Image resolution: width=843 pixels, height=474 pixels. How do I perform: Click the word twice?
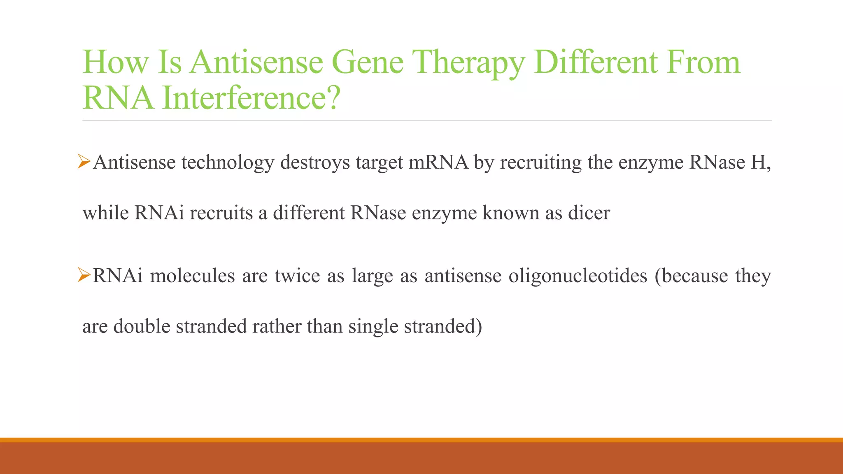[297, 276]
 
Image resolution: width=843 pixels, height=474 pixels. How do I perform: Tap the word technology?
[228, 162]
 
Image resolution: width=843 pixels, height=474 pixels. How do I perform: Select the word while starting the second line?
[106, 213]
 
